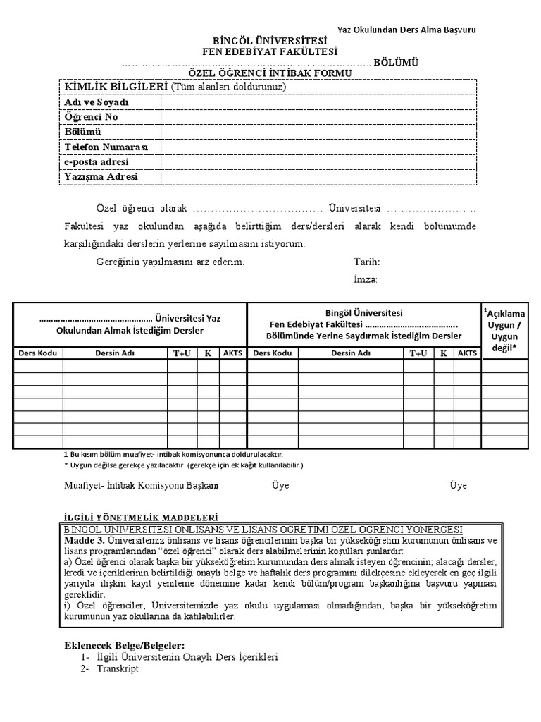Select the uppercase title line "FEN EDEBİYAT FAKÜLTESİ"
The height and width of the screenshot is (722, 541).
(x=270, y=51)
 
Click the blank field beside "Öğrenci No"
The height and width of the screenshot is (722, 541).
(x=318, y=117)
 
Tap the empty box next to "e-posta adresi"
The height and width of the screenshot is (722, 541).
(x=318, y=161)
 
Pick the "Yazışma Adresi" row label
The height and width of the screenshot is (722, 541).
(x=101, y=176)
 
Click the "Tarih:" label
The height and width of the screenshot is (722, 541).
(x=366, y=262)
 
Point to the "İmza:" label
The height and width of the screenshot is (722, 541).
(x=366, y=279)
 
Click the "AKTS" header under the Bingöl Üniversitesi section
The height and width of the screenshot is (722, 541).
(x=466, y=353)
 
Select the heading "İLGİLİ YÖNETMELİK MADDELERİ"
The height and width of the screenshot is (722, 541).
(x=138, y=516)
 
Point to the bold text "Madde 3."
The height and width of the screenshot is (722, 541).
(x=83, y=540)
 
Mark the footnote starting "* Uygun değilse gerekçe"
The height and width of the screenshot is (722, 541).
(x=183, y=466)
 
